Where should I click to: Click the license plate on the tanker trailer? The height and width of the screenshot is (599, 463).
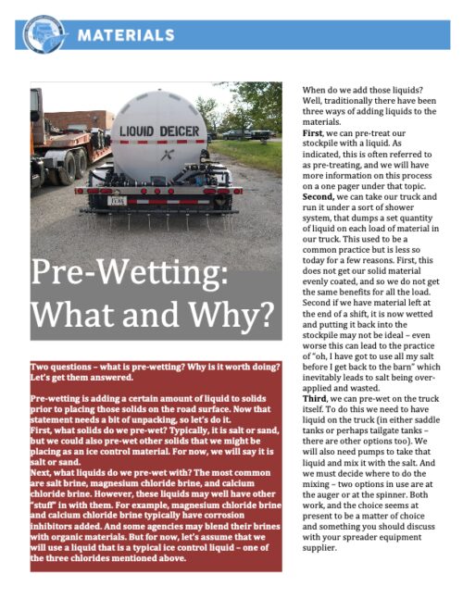coord(117,199)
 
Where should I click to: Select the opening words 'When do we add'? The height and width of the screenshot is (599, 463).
coord(342,89)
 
